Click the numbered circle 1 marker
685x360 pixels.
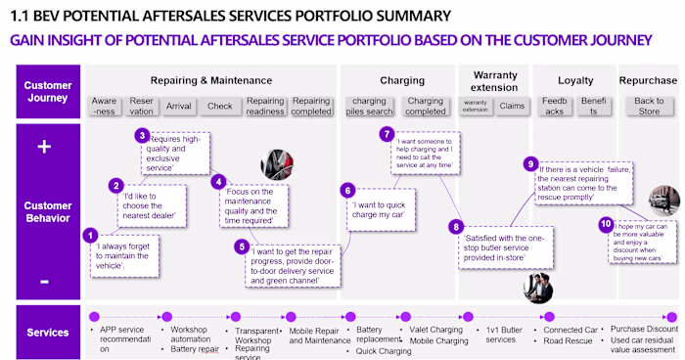[91, 235]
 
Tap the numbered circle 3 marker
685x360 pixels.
[142, 136]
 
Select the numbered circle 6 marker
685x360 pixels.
[346, 191]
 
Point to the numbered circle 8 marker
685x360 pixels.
[455, 227]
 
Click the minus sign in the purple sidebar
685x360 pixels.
[42, 282]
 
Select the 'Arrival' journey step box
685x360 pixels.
[180, 106]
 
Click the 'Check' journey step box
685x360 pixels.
[219, 106]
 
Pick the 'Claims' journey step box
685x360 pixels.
[512, 106]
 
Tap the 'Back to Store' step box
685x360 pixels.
[648, 106]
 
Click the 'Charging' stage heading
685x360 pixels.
[401, 80]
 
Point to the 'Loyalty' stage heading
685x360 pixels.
[575, 80]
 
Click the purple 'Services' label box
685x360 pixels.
[47, 333]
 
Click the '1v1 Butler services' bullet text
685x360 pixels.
[502, 335]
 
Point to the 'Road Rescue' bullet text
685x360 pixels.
[567, 342]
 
